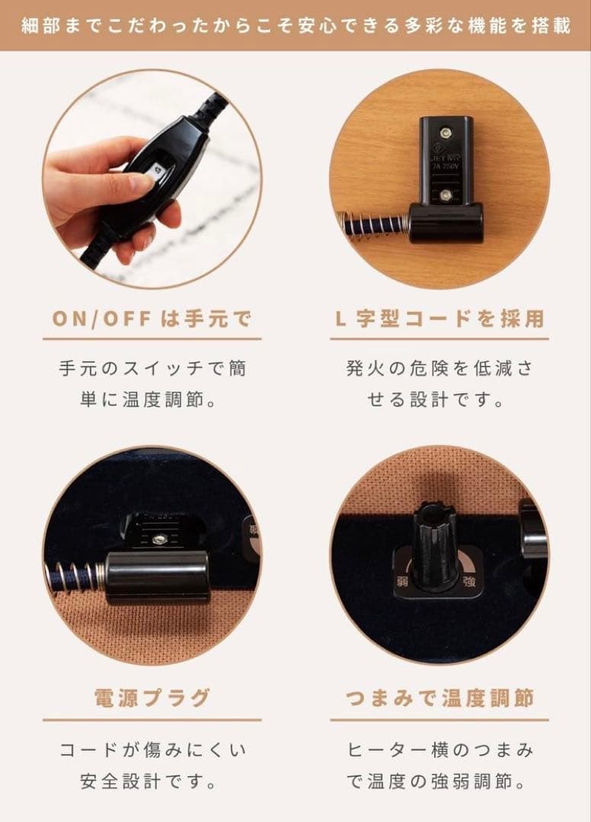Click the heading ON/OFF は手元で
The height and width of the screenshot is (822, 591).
coord(152,319)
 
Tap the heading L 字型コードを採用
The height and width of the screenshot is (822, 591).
coord(439,319)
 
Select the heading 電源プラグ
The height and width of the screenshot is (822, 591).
coord(152,698)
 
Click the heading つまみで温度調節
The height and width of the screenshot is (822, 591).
coord(439,698)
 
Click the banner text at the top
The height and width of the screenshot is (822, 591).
coord(295,26)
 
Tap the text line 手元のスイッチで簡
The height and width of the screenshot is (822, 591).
coord(152,368)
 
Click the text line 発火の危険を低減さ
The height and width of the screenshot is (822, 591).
coord(439,368)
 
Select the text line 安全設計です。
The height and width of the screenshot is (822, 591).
coord(152,781)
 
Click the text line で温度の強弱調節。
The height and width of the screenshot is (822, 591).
coord(439,781)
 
